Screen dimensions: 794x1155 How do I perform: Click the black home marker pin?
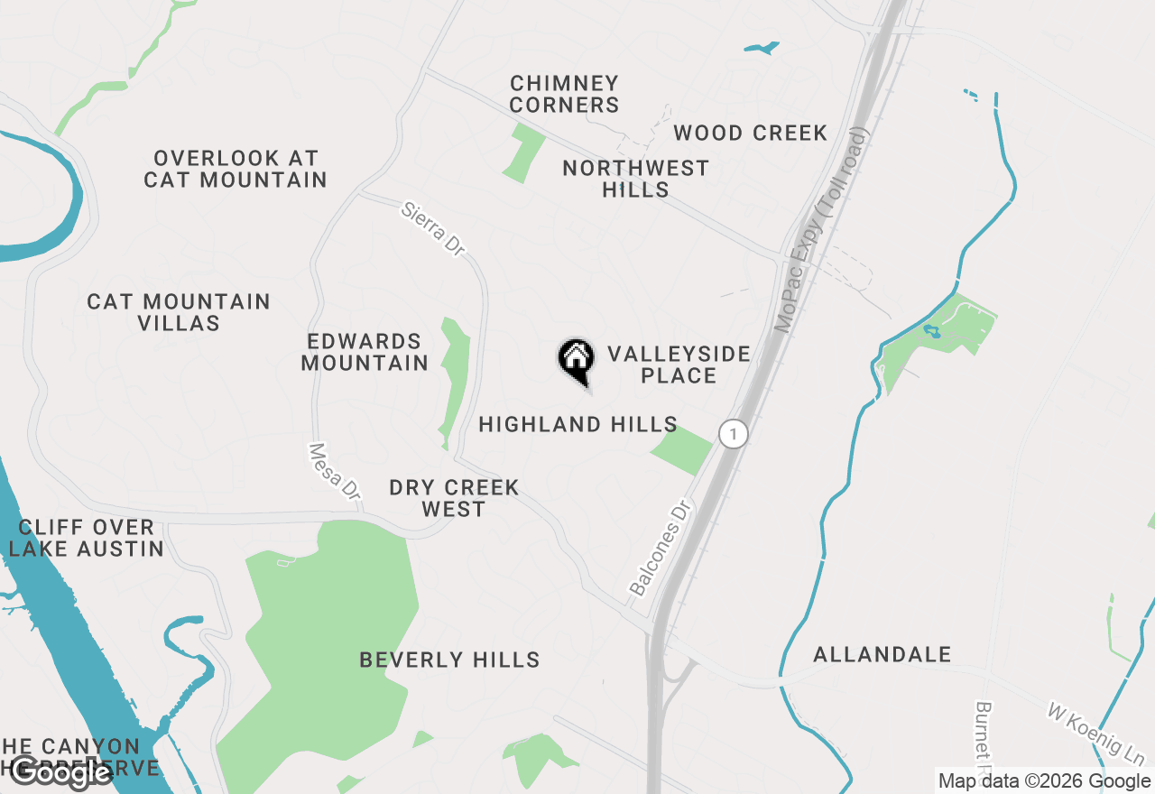coord(576,359)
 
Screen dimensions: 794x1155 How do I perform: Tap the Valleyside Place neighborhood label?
coord(679,365)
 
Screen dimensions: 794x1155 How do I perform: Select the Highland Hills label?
coord(577,424)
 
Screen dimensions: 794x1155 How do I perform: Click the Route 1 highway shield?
coord(734,434)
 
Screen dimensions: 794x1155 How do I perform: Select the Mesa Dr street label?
coord(335,472)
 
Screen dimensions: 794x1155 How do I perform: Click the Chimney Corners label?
coord(564,94)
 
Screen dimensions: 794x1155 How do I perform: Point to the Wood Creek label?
coord(751,134)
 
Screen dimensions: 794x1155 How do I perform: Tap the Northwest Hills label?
coord(635,179)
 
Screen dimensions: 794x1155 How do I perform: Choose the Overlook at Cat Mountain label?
coord(236,169)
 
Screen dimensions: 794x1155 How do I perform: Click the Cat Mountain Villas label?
coord(179,312)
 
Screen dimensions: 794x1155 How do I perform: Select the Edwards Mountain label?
coord(365,352)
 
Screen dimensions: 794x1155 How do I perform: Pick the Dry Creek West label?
coord(454,498)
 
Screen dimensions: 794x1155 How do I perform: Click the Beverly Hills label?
coord(449,660)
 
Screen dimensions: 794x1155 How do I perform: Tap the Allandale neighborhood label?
coord(882,654)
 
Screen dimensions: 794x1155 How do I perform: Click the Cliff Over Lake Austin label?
coord(87,538)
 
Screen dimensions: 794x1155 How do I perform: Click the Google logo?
coord(61,771)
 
